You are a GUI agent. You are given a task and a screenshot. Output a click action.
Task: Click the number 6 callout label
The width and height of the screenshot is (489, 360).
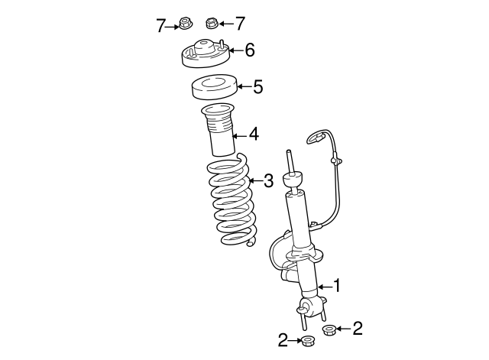coord(249,51)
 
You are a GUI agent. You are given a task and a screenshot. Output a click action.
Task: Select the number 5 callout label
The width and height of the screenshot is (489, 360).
coord(257,87)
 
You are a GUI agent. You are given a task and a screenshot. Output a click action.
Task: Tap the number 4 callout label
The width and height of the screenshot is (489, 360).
coord(253,135)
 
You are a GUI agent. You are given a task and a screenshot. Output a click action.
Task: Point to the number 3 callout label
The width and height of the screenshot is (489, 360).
coord(268,181)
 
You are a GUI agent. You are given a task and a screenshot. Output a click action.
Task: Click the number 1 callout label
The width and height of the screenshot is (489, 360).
coord(337,286)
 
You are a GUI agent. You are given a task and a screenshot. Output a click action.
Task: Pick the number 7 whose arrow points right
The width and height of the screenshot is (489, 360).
coord(161,25)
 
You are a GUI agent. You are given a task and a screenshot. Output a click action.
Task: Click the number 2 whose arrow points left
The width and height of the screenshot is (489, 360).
coord(357,329)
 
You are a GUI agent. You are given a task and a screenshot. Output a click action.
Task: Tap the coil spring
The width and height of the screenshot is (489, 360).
coord(229,203)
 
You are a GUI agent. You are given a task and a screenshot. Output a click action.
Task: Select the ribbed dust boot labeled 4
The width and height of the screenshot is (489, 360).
coord(218,131)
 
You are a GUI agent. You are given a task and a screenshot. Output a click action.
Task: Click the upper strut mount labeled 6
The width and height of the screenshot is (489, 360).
coord(205,56)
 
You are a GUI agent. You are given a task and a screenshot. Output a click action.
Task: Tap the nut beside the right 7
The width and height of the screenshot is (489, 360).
coord(212,22)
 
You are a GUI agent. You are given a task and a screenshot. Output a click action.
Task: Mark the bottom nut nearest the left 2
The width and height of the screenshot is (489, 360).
coord(307,341)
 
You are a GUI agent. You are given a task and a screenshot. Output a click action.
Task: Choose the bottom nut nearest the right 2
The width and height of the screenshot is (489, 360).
coord(329,330)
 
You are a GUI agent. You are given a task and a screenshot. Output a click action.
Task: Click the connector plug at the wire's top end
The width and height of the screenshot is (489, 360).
coord(316,138)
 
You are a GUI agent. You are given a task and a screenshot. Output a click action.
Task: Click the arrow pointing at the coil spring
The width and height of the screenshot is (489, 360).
coord(254,182)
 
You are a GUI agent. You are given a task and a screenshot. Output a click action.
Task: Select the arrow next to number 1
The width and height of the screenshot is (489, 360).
coord(323,286)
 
